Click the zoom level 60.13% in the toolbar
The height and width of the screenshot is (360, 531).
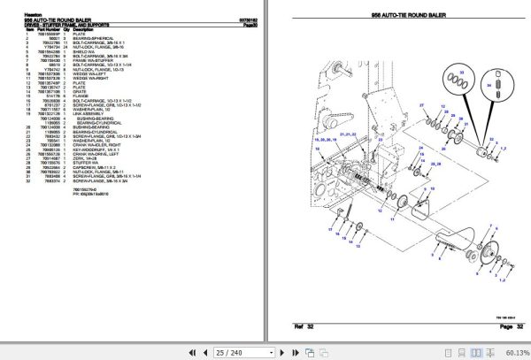click(512, 351)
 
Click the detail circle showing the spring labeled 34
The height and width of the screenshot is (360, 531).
click(499, 87)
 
